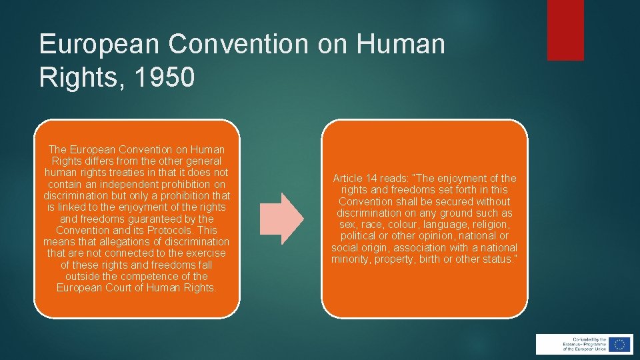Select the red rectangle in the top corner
565,30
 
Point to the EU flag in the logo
620,344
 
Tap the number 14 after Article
371,178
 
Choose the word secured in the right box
461,201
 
